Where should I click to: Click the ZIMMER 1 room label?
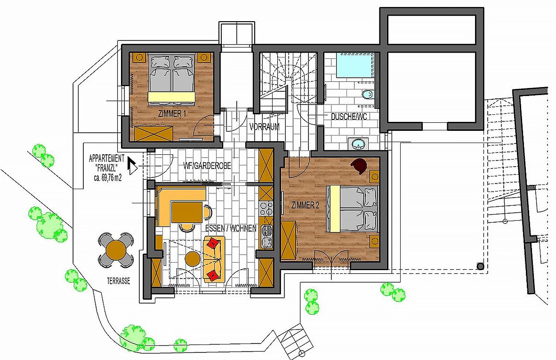tap(172, 114)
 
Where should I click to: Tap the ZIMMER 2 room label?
tap(303, 205)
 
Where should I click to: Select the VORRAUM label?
tap(264, 127)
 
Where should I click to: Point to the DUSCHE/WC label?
tap(349, 116)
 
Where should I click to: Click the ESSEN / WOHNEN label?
tap(231, 229)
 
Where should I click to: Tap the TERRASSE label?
tap(119, 281)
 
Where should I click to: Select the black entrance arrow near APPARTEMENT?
tap(132, 166)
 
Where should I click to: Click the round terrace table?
tap(116, 250)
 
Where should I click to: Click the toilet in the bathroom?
tap(368, 95)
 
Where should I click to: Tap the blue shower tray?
tap(354, 65)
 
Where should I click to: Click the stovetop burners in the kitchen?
tap(266, 208)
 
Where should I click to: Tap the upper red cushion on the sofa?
tap(213, 243)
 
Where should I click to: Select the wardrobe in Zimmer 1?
tap(153, 133)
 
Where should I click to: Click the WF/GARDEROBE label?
tap(207, 166)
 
